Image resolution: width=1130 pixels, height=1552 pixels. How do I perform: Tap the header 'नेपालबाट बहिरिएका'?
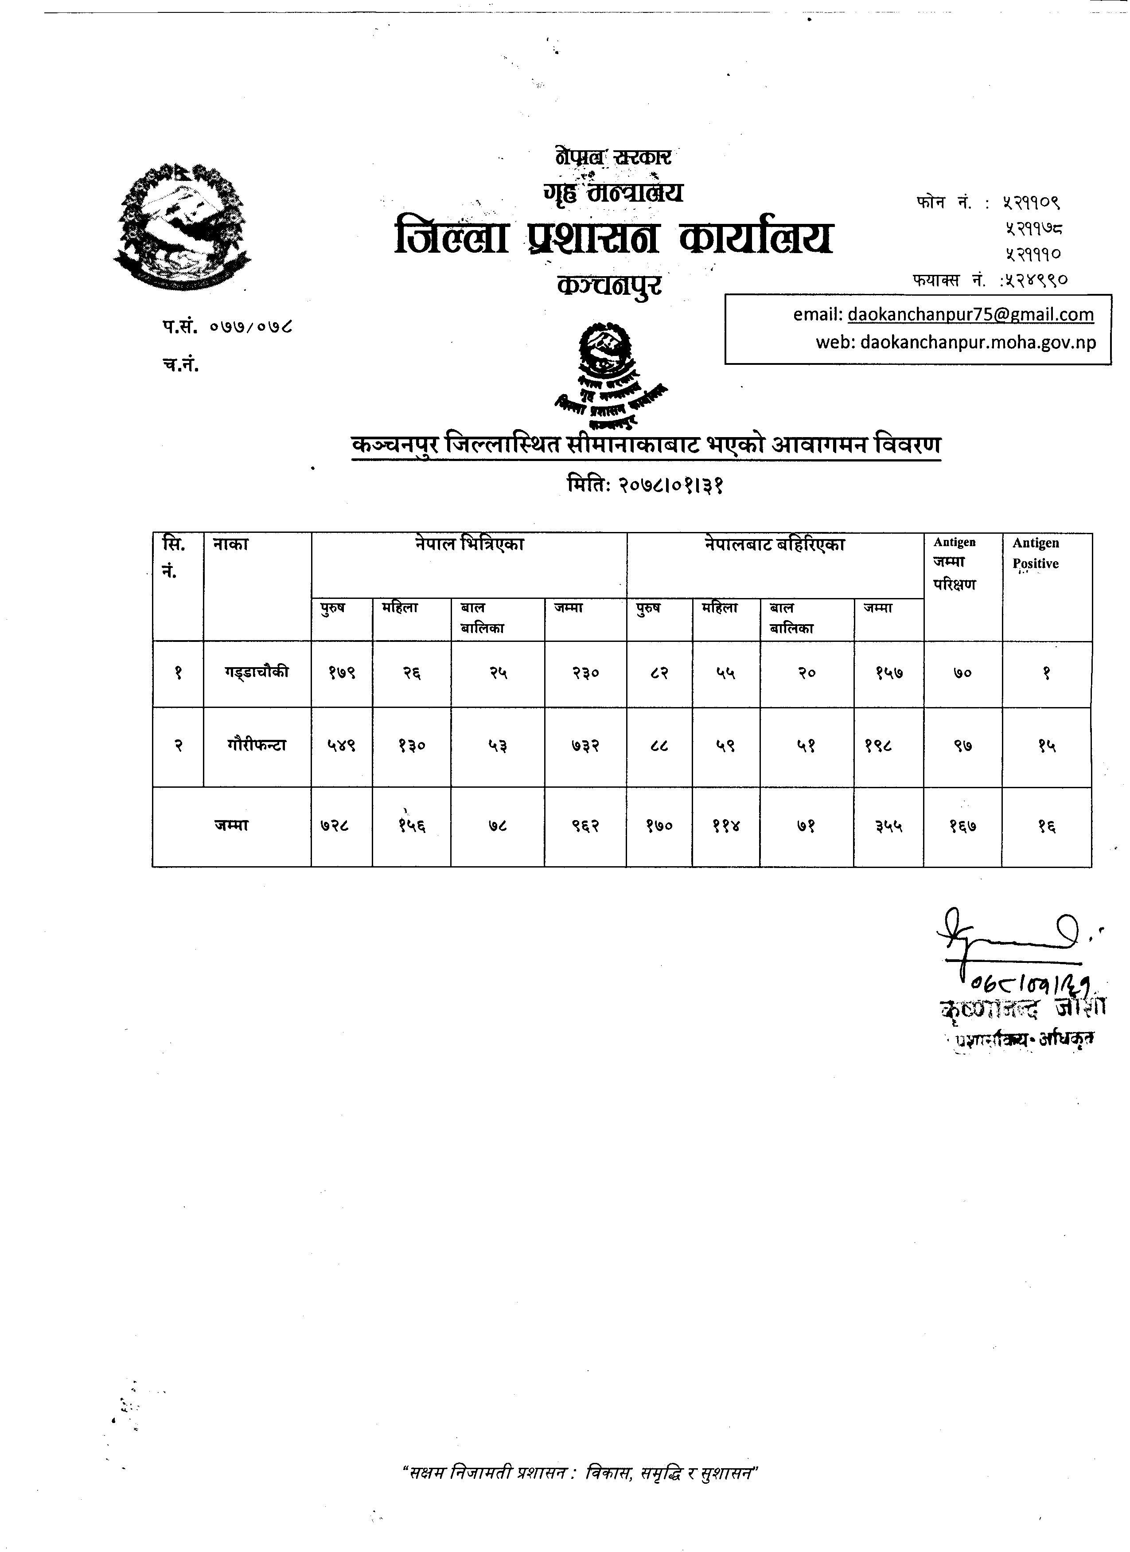coord(775,545)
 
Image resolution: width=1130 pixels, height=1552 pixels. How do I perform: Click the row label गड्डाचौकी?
coord(257,672)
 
